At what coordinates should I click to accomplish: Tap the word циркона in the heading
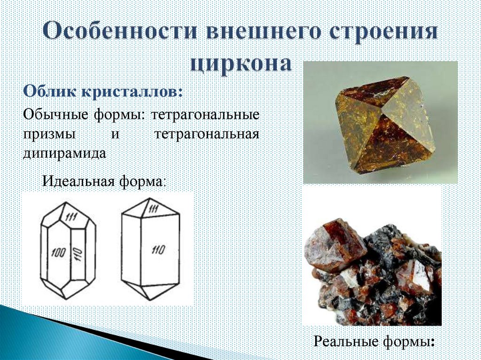pos(240,62)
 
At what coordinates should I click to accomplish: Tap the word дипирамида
pos(64,153)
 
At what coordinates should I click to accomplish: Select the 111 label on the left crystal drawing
pos(72,217)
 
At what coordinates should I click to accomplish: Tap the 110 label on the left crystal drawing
pos(78,254)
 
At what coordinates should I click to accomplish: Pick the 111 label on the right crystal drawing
pos(154,210)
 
